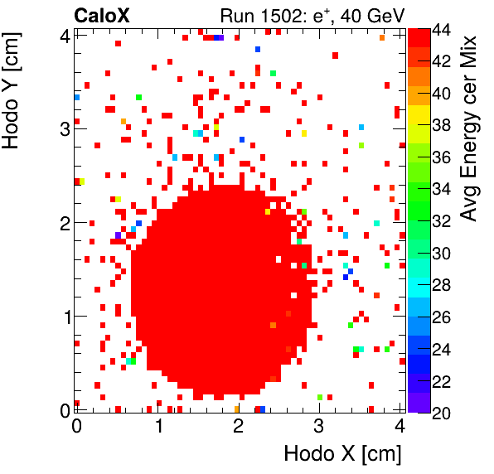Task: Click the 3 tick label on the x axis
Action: point(318,426)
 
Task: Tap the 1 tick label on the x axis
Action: point(157,426)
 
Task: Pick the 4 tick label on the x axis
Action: point(399,426)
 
